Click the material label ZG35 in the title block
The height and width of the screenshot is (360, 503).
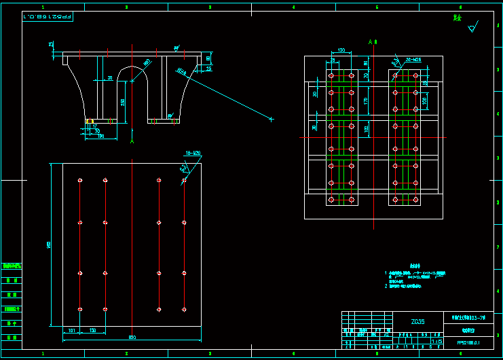(x=418, y=321)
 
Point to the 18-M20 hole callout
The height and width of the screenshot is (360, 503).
(x=193, y=153)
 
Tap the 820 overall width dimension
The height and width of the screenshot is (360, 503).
(x=132, y=338)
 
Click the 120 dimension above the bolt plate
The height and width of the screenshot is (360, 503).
(x=341, y=50)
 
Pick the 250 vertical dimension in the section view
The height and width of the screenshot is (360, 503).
(x=123, y=102)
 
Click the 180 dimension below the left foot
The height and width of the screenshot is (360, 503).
(x=100, y=136)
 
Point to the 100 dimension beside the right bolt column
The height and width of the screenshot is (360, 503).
(x=424, y=101)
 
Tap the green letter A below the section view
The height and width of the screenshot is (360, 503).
(x=132, y=142)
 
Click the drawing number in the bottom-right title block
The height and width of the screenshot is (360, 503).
(x=468, y=342)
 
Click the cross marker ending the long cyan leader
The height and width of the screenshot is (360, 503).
(x=271, y=120)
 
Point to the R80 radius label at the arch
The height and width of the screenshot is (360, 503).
(x=147, y=63)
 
